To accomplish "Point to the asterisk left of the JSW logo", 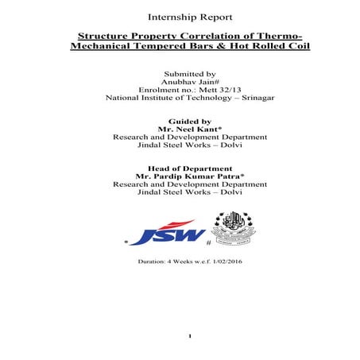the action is point(126,241).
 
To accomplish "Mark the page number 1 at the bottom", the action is point(190,337).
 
